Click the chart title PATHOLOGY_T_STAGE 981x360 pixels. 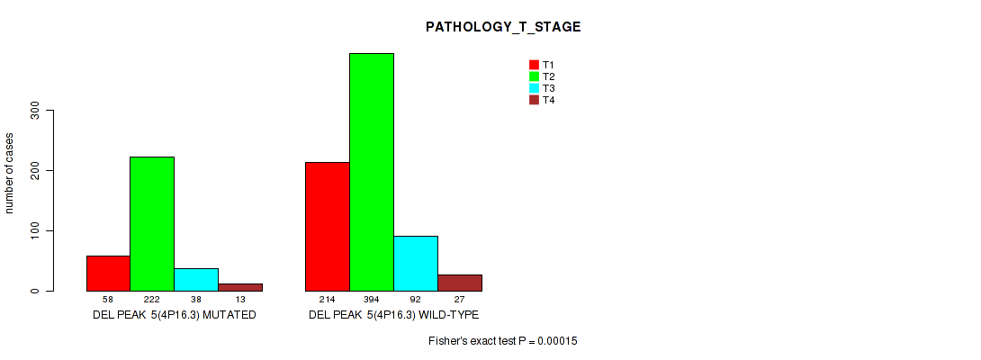(503, 27)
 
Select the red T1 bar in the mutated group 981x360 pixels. (108, 274)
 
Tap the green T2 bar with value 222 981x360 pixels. (152, 224)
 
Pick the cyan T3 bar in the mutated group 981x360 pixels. (196, 280)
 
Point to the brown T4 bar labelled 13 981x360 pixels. (240, 287)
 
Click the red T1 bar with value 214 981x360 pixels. (328, 227)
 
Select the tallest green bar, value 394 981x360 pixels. (372, 172)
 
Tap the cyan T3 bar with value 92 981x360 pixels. (416, 264)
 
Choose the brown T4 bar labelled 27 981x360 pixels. (460, 283)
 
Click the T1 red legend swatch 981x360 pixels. (534, 65)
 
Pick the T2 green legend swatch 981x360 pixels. (534, 76)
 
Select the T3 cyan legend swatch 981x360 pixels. (534, 88)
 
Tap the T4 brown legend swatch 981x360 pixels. (534, 100)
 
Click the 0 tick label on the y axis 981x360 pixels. (35, 291)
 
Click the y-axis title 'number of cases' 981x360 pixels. (9, 173)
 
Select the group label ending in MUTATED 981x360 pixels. (175, 315)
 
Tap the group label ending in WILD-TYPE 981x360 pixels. (393, 315)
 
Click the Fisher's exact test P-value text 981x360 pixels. (503, 341)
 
